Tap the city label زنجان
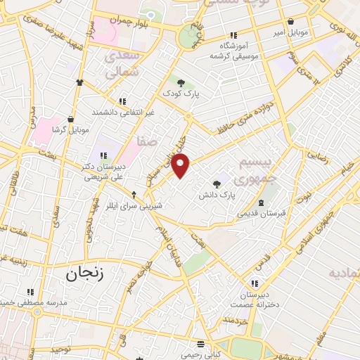coord(84,274)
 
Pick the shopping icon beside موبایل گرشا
coord(71,120)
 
